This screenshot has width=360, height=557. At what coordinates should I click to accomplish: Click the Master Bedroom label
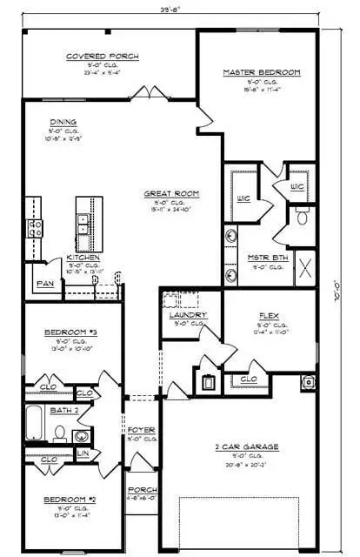[x=261, y=72]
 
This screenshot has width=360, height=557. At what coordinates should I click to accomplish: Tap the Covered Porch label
[x=103, y=57]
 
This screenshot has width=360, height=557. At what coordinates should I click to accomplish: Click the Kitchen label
[x=83, y=258]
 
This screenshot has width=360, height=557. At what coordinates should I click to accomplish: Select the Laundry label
[x=189, y=315]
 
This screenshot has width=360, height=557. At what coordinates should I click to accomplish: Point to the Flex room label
[x=268, y=317]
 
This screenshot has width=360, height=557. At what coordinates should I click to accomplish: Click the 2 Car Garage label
[x=247, y=447]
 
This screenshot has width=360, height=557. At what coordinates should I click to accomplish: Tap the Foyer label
[x=141, y=429]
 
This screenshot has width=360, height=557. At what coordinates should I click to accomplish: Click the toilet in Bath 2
[x=59, y=432]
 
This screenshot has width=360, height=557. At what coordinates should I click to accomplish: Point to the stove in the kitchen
[x=36, y=228]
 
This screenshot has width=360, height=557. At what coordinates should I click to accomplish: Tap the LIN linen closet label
[x=83, y=454]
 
